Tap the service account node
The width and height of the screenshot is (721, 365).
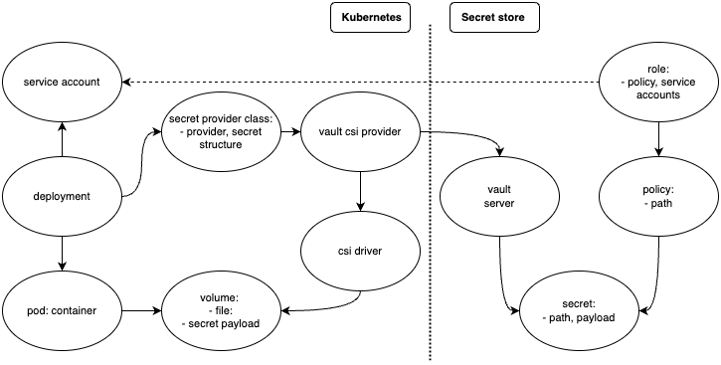point(62,82)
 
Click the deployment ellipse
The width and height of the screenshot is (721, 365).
point(62,196)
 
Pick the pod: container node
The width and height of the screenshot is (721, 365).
point(62,309)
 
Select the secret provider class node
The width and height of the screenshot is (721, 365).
point(221,131)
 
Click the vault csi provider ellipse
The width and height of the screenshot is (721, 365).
point(360,131)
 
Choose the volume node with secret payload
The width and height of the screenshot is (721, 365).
point(221,309)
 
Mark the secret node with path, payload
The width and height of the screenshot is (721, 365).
point(578,309)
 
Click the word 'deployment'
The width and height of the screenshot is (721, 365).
point(62,196)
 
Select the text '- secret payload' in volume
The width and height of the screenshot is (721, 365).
point(221,323)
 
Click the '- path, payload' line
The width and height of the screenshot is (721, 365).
point(578,317)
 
